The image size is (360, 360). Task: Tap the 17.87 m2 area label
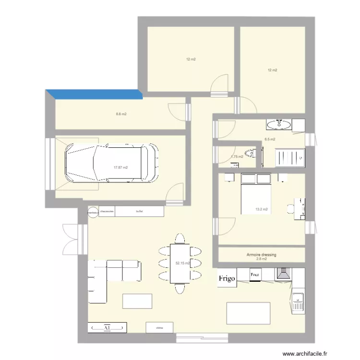pos(120,168)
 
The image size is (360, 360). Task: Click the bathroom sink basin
pos(278,125)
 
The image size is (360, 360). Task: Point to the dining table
pos(180,264)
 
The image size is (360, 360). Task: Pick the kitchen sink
pos(298,302)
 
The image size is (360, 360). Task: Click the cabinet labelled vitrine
pos(159,328)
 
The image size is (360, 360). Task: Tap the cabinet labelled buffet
pos(140,211)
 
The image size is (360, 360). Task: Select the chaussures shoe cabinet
pos(107,211)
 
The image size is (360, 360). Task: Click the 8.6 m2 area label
pos(120,114)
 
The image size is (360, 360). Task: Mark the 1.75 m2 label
pos(237,156)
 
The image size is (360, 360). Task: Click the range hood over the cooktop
pos(283,274)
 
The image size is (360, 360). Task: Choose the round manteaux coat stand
pos(92,211)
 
